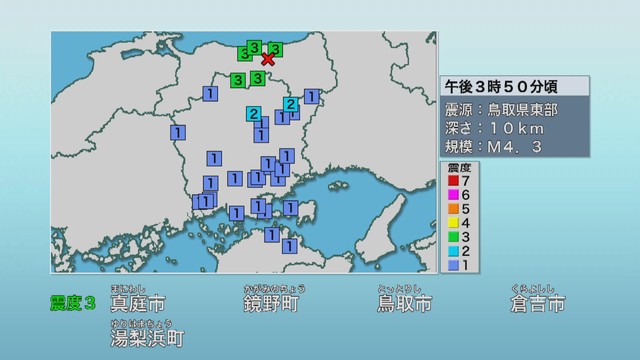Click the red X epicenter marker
(268, 60)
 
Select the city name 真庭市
(138, 303)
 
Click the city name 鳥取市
(405, 303)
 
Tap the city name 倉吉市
(537, 303)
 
